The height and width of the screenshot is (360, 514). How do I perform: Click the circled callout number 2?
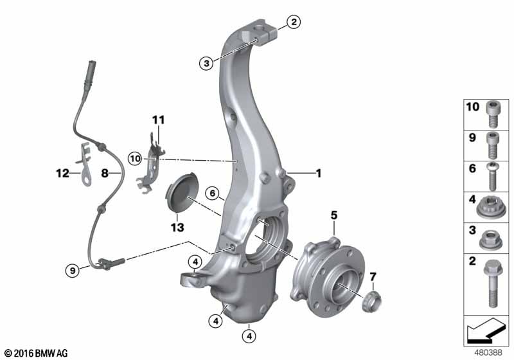click(x=294, y=22)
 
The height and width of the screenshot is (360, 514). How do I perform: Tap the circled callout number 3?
click(x=206, y=63)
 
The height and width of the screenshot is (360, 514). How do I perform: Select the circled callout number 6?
click(x=213, y=194)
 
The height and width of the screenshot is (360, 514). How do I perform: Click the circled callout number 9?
click(x=73, y=271)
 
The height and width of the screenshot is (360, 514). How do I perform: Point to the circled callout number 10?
click(x=135, y=159)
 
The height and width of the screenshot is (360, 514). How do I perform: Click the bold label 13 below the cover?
click(x=177, y=227)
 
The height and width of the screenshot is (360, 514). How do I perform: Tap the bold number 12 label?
click(x=62, y=173)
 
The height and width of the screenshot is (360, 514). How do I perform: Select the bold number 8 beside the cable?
click(x=105, y=173)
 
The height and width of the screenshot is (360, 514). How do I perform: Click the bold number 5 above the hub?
click(x=333, y=215)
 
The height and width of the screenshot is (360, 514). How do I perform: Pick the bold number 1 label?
click(x=318, y=173)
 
